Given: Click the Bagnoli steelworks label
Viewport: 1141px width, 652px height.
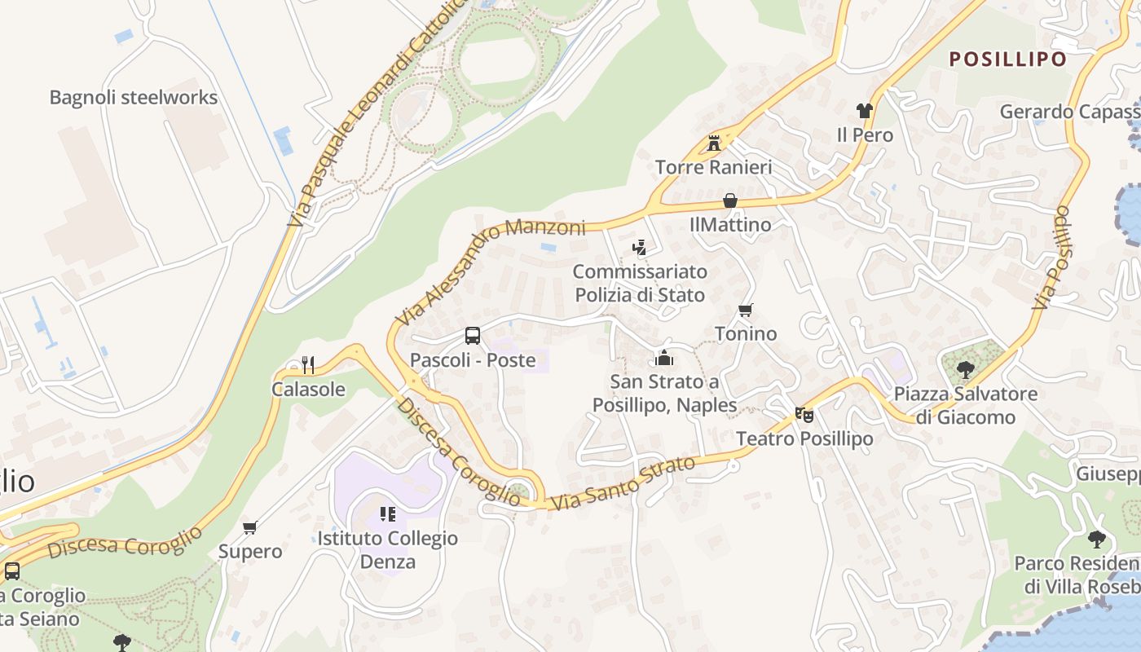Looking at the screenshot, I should coord(134,98).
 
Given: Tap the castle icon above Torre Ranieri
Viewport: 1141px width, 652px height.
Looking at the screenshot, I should coord(714,143).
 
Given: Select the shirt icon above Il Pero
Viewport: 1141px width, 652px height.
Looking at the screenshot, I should coord(865,111).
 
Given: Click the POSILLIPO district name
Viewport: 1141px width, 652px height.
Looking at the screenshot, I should coord(1008,59).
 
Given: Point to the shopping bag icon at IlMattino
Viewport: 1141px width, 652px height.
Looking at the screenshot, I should coord(730,200).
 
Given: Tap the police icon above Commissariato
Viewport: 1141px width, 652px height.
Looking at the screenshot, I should coord(640,248).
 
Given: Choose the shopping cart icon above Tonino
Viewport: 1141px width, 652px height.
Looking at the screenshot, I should coord(745,311).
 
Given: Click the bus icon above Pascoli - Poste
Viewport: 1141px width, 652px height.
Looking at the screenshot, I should coord(473,335).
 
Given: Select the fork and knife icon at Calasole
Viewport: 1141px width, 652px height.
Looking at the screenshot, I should coord(308,364).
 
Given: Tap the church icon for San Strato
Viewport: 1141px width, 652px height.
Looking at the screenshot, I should coord(664,358).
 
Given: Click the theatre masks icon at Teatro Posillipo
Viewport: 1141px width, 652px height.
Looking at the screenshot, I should coord(804,415).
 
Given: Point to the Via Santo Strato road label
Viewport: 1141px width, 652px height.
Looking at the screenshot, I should coord(623,484).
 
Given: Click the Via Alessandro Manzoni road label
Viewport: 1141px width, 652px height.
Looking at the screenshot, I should coord(489,269).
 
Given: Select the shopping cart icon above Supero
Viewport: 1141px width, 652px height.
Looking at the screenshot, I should coord(250,527).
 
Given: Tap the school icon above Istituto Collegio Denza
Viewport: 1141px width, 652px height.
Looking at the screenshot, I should coord(388,514).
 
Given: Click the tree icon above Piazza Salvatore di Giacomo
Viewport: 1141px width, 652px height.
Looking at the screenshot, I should coord(965,370).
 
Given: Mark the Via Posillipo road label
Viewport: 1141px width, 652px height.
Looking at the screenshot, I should coord(1051,258).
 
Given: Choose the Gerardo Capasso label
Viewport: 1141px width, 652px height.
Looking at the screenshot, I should coord(1069,112).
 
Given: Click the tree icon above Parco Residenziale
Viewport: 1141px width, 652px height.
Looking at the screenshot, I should coord(1097,539).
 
